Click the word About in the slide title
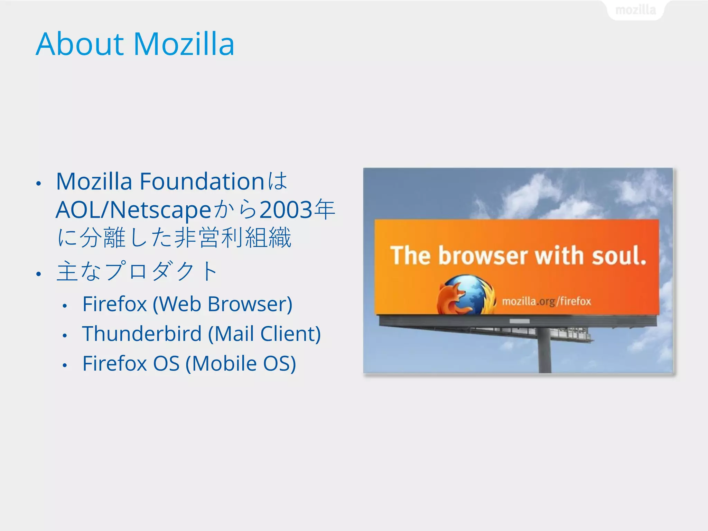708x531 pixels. (80, 44)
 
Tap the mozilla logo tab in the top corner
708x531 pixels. (635, 10)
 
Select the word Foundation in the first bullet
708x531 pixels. (202, 181)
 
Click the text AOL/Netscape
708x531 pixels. (133, 210)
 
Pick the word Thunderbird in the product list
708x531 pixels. (142, 334)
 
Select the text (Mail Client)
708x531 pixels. (264, 334)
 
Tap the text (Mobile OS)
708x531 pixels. (241, 363)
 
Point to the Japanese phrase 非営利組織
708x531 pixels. (233, 238)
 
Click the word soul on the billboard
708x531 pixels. (619, 256)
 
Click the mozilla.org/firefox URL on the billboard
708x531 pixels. (546, 301)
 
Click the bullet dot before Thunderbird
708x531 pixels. (65, 335)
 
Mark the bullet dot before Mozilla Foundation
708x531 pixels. (39, 184)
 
